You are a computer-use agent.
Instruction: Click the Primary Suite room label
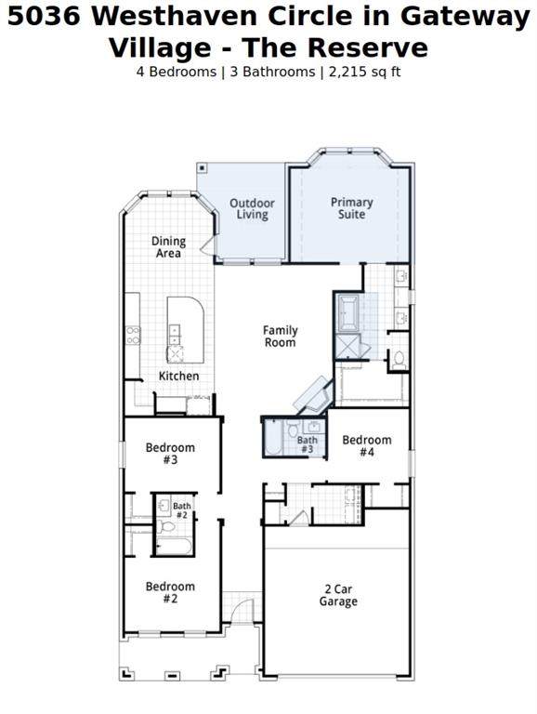click(x=351, y=208)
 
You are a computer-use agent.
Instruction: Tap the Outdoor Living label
click(x=252, y=209)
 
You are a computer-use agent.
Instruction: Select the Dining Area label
click(x=168, y=247)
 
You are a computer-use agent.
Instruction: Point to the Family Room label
click(x=280, y=337)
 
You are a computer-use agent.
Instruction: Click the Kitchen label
click(x=179, y=377)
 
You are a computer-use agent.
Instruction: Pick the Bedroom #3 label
click(x=170, y=454)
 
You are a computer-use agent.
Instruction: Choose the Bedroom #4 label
click(x=367, y=446)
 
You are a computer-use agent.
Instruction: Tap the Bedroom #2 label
click(x=170, y=592)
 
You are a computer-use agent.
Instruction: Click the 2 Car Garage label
click(x=338, y=595)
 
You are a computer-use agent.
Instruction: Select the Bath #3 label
click(x=308, y=444)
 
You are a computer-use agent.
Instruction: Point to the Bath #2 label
click(x=181, y=510)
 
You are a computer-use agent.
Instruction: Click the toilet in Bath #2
click(x=166, y=527)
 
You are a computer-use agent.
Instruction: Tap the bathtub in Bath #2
click(x=175, y=547)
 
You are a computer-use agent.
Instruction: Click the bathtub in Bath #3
click(x=273, y=437)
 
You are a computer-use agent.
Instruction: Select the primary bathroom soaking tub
click(x=348, y=313)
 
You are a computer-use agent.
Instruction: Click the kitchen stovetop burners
click(x=133, y=335)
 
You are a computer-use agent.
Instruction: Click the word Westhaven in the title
click(x=175, y=17)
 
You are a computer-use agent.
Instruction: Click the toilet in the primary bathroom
click(x=399, y=360)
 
